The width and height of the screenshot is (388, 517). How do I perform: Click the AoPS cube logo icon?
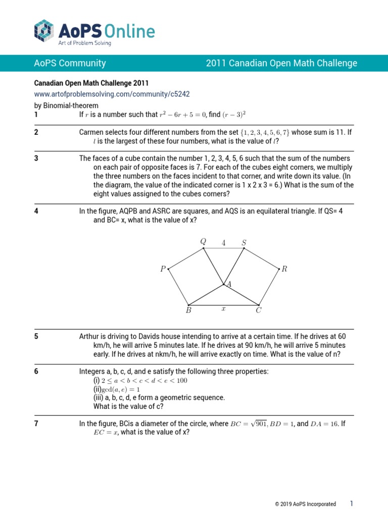[x=44, y=30]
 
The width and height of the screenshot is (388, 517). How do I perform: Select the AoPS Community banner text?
[x=70, y=63]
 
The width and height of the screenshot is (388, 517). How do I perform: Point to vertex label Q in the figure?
[x=203, y=242]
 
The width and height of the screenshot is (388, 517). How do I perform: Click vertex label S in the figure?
[x=244, y=243]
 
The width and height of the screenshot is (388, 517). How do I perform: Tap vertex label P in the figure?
[x=163, y=270]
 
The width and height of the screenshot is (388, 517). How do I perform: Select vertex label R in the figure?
[x=284, y=269]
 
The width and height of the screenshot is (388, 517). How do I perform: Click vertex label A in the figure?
[x=229, y=285]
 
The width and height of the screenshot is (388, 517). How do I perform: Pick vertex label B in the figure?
[x=188, y=311]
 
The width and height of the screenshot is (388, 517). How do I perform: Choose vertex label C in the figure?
[x=258, y=311]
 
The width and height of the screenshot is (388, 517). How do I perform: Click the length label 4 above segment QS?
[x=223, y=243]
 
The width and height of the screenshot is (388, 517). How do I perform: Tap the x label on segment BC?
[x=223, y=308]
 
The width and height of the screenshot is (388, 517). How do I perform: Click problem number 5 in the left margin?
[x=36, y=336]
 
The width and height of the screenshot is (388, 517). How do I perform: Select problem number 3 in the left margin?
[x=36, y=159]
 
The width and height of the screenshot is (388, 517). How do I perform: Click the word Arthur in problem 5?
[x=90, y=336]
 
